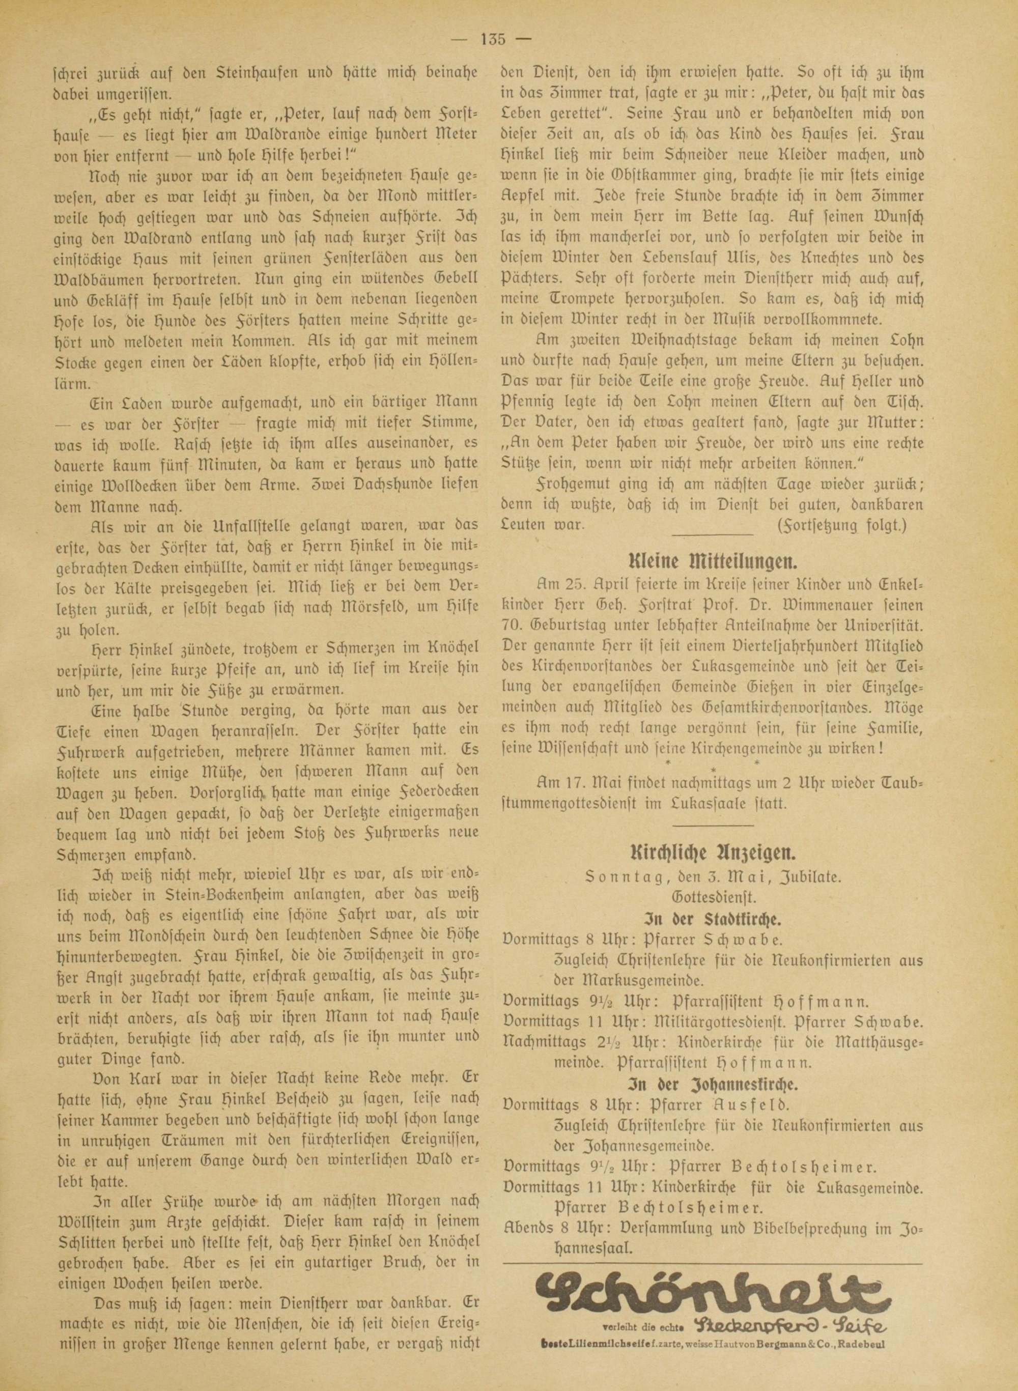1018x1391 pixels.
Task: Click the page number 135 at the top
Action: tap(492, 40)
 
